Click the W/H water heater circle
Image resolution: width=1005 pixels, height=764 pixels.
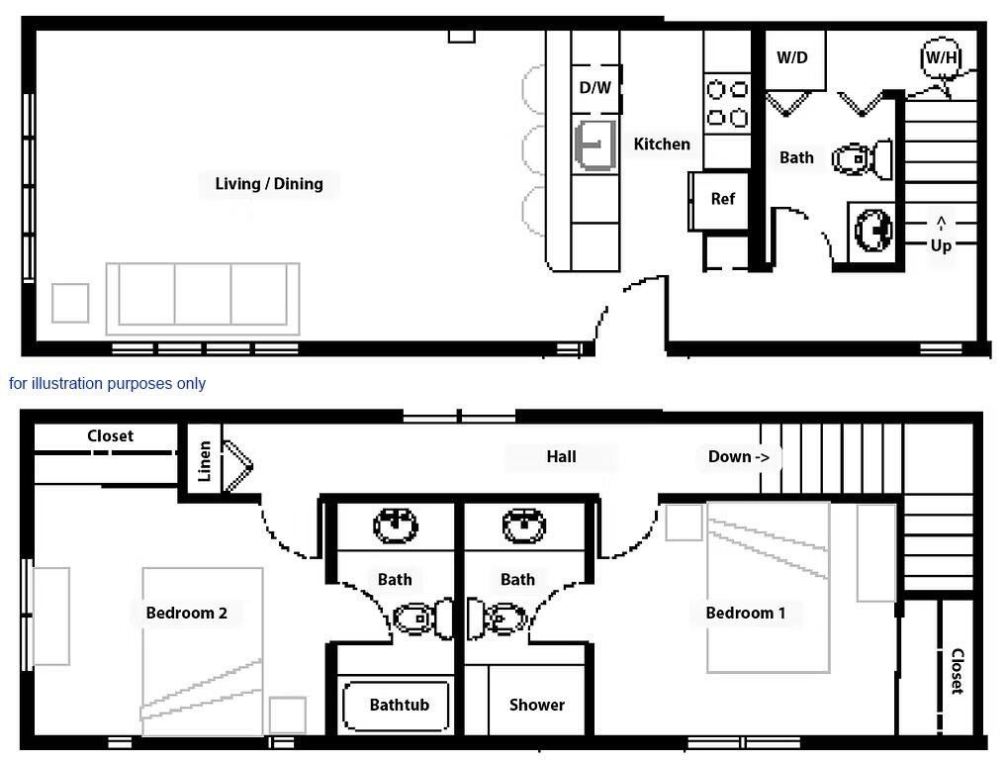point(941,57)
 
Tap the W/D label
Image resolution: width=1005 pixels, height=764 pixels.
point(791,57)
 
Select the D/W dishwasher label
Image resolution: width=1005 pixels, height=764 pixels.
point(594,88)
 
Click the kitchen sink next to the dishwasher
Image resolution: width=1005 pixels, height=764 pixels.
point(594,144)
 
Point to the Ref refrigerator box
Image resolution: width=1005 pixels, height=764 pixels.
point(722,199)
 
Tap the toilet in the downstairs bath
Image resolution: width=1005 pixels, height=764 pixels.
point(861,158)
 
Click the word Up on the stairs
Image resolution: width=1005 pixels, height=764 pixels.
point(940,244)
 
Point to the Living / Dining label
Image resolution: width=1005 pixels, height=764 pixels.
point(269,183)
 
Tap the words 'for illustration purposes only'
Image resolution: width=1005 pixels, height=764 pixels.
point(108,383)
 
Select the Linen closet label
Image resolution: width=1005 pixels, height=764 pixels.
point(204,460)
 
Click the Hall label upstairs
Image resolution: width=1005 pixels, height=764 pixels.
point(561,456)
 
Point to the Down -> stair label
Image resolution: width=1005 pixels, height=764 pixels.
point(738,456)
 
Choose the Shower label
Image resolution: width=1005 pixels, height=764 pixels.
point(536,705)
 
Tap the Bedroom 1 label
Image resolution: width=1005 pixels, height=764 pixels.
point(745,613)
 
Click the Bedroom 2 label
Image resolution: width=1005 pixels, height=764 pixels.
point(186,613)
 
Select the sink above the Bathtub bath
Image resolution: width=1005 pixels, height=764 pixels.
point(396,525)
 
